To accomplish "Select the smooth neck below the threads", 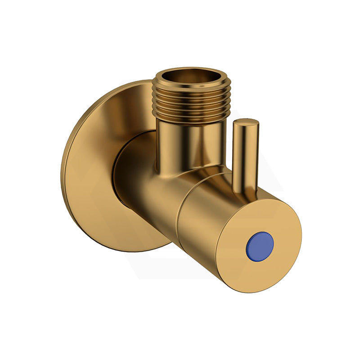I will point(189,139).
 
